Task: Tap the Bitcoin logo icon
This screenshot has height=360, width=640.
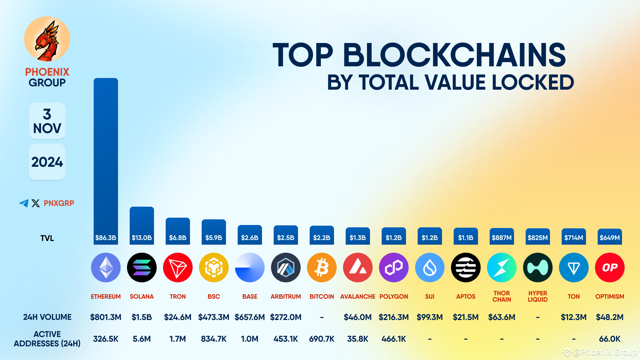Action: point(322,267)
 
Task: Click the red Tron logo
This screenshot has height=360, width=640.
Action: point(178,267)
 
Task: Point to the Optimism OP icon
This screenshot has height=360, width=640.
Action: point(610,267)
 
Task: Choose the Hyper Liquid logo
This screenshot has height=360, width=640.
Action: point(538,267)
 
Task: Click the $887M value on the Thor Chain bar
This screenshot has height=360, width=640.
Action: point(502,238)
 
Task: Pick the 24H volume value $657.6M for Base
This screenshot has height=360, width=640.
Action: point(250,317)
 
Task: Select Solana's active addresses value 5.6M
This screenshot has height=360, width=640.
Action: point(142,339)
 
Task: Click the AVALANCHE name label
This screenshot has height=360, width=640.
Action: point(358,296)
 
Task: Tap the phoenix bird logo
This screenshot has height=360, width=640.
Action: point(47,39)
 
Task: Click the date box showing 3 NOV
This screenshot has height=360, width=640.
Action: point(47,121)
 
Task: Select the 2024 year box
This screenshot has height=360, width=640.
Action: point(47,162)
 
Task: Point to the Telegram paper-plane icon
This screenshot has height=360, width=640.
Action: point(24,203)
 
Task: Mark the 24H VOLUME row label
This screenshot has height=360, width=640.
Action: point(47,317)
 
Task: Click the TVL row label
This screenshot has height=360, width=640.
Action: point(47,238)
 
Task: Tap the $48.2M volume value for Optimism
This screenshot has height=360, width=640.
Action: point(610,317)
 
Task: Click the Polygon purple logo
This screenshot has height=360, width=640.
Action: point(394,267)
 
